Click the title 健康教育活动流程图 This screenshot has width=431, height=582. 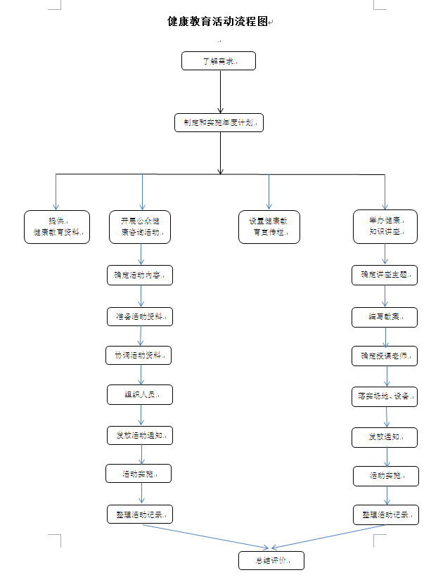click(x=218, y=22)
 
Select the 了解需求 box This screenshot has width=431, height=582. click(x=219, y=61)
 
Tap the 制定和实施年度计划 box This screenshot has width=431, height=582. click(x=219, y=122)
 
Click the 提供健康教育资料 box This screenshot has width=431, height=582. click(x=57, y=227)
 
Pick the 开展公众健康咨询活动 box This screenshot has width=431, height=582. click(x=140, y=227)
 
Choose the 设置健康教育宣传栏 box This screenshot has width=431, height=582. click(x=269, y=227)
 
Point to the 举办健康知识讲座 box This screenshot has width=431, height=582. click(x=385, y=227)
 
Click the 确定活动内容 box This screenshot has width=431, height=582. click(x=140, y=275)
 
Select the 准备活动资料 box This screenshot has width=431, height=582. click(x=140, y=316)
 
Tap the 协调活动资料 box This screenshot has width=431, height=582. click(x=139, y=355)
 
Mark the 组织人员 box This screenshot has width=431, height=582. click(x=140, y=395)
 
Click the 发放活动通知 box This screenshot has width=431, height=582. click(x=140, y=436)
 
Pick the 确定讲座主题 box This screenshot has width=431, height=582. click(x=385, y=275)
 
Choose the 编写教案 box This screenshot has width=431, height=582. click(x=385, y=317)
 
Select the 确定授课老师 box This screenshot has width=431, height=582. click(x=385, y=356)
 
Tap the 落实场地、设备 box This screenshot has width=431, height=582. click(x=385, y=395)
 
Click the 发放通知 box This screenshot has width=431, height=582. click(x=385, y=437)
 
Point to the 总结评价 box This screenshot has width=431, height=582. click(x=271, y=560)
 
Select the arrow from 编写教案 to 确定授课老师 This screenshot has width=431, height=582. click(x=385, y=336)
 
